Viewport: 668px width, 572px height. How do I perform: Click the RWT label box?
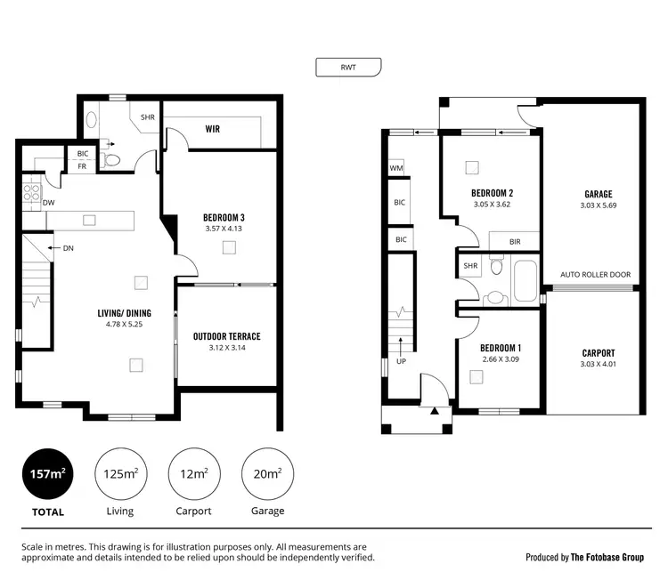tap(348, 67)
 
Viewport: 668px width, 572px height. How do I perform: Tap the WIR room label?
tap(212, 129)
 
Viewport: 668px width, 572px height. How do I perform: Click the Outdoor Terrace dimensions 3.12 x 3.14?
tap(226, 348)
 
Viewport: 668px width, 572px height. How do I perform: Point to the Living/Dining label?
tap(124, 313)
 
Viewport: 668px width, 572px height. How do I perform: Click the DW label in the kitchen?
tap(49, 203)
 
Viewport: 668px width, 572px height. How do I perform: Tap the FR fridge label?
tap(81, 166)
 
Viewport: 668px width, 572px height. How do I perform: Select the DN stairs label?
tap(68, 248)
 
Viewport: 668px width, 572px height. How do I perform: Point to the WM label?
tap(395, 167)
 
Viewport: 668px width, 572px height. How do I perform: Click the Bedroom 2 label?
tap(493, 193)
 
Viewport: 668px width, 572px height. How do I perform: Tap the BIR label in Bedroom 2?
tap(515, 241)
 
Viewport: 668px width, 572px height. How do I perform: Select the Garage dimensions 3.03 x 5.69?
tap(598, 205)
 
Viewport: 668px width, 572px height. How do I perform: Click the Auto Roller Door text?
tap(595, 275)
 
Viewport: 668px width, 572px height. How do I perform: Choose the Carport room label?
tap(598, 352)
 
